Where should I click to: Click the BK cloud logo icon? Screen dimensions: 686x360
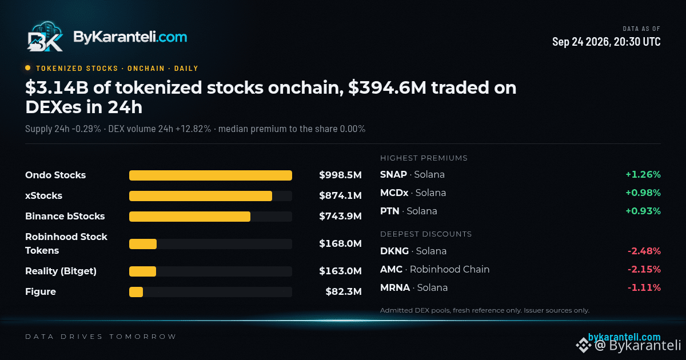click(45, 37)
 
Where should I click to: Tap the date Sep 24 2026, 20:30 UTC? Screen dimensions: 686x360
click(606, 42)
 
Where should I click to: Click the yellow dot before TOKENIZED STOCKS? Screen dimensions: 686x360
click(28, 68)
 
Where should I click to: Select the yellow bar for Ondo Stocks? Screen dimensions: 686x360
click(210, 175)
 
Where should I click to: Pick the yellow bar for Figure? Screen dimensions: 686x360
click(136, 292)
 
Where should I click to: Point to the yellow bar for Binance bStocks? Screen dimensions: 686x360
click(190, 217)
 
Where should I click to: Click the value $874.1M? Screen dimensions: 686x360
click(340, 195)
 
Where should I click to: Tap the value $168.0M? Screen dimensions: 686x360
click(340, 243)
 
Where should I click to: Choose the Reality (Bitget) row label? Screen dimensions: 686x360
click(61, 271)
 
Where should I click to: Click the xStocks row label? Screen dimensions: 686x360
click(44, 195)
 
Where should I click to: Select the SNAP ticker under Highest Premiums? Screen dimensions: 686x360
click(393, 174)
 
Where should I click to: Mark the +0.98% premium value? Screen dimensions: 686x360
click(643, 193)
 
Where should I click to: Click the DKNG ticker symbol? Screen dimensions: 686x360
click(394, 251)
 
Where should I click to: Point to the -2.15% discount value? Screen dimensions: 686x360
click(644, 269)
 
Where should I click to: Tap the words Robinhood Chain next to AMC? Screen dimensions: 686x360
click(449, 269)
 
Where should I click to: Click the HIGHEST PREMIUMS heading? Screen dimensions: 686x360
click(424, 158)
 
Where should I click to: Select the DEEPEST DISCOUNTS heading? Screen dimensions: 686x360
click(426, 234)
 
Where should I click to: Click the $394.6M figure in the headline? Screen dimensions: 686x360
click(387, 88)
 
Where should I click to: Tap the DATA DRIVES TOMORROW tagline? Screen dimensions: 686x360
click(101, 337)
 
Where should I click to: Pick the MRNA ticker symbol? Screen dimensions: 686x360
click(395, 288)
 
